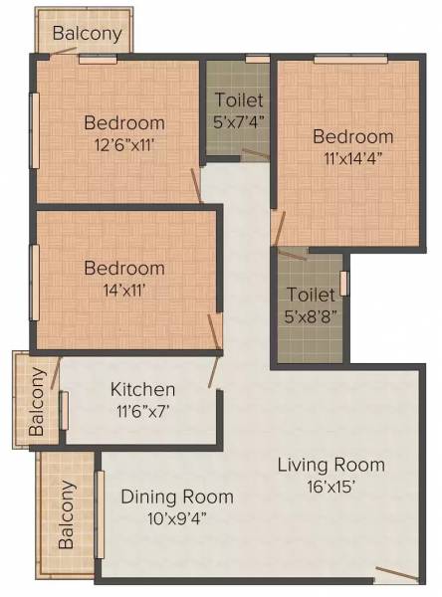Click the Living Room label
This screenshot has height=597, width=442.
331,465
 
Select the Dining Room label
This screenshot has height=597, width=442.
177,497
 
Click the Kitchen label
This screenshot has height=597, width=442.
143,389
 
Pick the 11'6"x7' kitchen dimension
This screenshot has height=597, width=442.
142,410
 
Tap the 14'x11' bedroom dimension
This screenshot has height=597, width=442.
124,290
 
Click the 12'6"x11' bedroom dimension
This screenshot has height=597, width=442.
124,144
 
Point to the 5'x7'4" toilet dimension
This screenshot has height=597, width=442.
239,121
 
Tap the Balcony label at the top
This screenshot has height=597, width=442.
88,33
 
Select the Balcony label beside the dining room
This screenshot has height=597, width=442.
68,515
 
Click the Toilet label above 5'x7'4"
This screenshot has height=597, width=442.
239,100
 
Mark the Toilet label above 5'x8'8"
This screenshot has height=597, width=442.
310,296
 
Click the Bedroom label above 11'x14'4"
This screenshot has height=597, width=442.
353,136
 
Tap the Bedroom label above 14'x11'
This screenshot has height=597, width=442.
124,269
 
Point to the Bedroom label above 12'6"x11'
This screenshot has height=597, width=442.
124,123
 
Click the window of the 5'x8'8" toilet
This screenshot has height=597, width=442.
344,282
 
